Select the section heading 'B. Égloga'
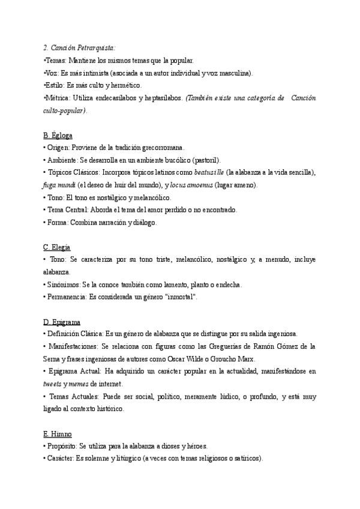pos(58,136)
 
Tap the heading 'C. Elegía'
pos(58,247)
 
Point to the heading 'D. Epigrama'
pos(62,322)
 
